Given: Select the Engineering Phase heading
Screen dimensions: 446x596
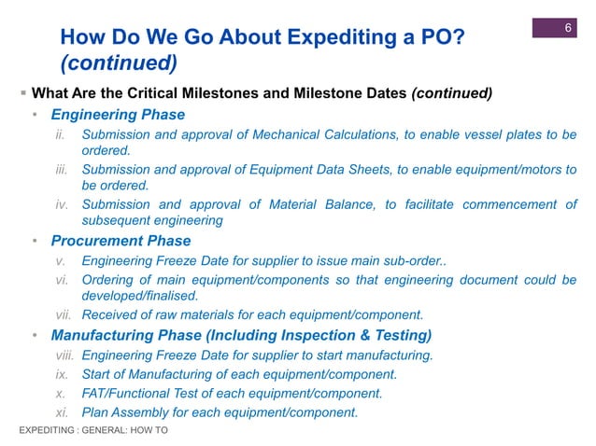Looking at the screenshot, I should (x=118, y=116).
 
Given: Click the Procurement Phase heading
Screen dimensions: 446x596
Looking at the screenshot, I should (x=121, y=241).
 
